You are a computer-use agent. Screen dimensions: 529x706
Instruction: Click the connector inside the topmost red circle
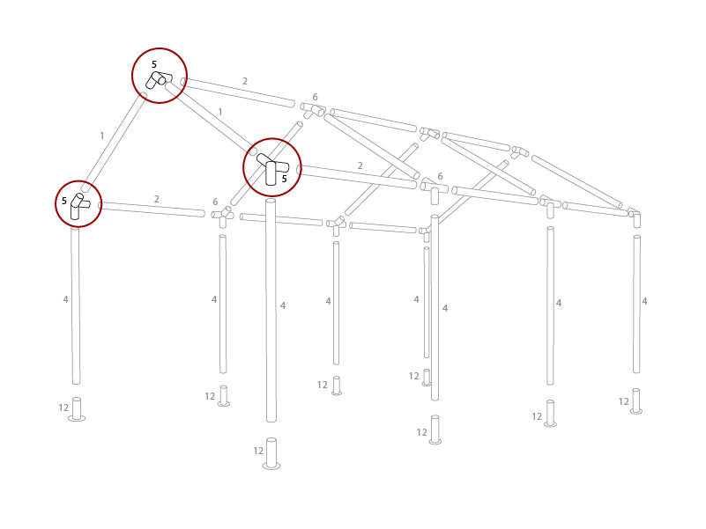159,80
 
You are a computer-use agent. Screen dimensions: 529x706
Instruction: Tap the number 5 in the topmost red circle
153,65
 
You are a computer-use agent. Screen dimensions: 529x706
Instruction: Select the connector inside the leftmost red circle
78,205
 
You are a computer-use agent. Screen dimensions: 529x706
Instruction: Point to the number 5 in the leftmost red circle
64,202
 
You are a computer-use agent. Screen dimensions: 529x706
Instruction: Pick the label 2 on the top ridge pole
245,81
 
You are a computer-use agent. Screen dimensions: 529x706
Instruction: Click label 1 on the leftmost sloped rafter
102,136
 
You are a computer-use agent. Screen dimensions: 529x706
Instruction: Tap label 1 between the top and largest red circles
219,112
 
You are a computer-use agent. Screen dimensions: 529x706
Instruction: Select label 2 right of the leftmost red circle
157,200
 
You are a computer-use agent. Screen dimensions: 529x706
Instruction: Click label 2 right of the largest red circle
360,165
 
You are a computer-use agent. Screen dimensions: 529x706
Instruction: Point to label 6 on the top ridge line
315,97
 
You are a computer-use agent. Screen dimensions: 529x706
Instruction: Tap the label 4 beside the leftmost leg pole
65,300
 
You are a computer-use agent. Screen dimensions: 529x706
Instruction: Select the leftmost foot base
77,410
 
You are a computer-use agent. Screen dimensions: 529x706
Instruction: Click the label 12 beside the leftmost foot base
63,408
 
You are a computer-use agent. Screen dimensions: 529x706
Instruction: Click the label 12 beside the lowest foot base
258,451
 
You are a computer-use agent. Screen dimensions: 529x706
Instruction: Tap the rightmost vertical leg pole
636,304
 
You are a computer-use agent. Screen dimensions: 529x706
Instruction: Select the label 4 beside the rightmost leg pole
644,301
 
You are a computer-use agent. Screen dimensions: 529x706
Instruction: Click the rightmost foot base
636,401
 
